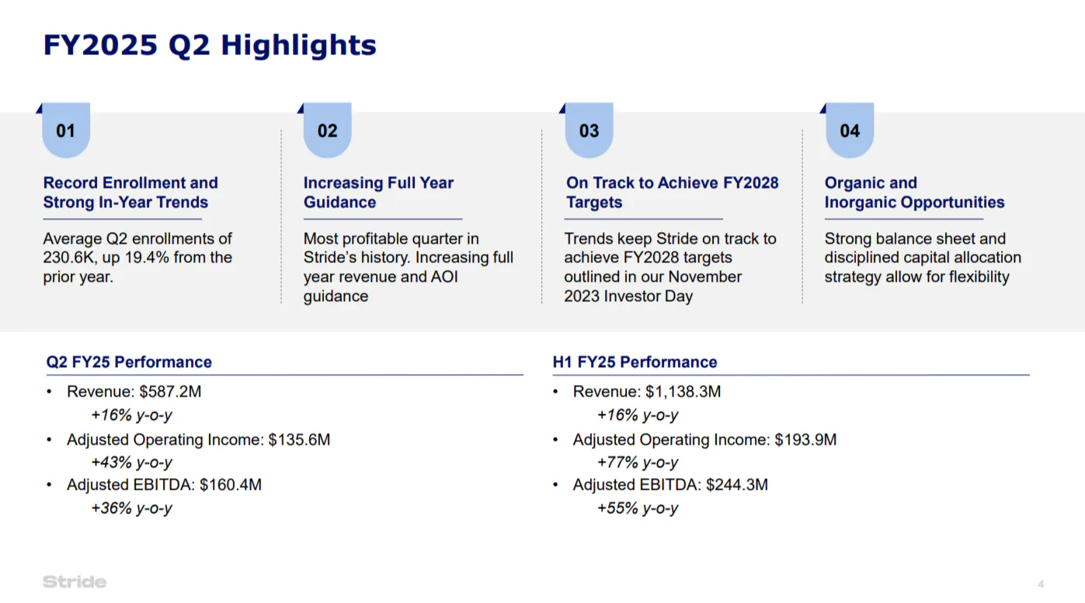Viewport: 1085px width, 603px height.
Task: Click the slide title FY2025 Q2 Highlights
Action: click(x=210, y=45)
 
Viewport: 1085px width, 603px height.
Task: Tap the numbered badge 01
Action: click(x=66, y=130)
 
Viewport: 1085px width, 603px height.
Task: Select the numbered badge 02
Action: click(x=328, y=130)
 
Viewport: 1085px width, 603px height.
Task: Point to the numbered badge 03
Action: click(x=589, y=130)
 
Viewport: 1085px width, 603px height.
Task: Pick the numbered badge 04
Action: click(x=850, y=130)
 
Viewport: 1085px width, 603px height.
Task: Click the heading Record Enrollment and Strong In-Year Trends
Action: click(x=130, y=192)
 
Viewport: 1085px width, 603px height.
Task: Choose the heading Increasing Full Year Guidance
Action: click(x=378, y=192)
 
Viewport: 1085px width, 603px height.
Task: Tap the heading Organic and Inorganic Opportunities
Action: click(x=914, y=192)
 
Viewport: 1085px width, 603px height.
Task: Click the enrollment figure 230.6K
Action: click(x=69, y=258)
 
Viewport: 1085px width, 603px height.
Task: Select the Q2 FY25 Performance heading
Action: click(x=129, y=362)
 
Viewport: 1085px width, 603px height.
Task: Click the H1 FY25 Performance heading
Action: click(x=635, y=362)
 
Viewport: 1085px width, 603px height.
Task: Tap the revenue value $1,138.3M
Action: click(x=683, y=392)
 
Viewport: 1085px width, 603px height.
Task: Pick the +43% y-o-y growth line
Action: click(x=131, y=463)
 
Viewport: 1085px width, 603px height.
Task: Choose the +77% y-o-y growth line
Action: click(x=638, y=463)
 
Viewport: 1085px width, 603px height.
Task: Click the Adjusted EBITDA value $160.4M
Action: click(x=231, y=485)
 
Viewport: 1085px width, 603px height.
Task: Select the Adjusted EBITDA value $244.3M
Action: click(x=737, y=485)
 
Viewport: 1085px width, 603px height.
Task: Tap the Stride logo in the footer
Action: click(x=75, y=582)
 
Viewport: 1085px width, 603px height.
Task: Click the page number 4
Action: click(x=1041, y=584)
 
